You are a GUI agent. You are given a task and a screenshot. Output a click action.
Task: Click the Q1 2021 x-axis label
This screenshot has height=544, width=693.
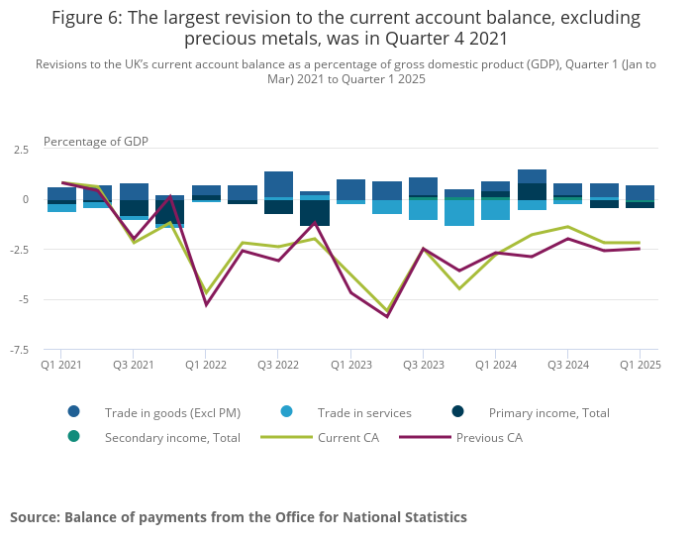coord(61,366)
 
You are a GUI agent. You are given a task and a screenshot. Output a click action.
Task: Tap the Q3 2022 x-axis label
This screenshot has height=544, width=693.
coord(278,366)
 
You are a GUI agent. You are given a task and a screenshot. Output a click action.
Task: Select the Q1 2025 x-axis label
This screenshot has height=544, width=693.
coord(639,366)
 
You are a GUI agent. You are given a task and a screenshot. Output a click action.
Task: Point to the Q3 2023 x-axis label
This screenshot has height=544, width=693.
coord(423,366)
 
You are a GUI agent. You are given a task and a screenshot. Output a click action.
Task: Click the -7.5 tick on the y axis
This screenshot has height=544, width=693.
coord(20,350)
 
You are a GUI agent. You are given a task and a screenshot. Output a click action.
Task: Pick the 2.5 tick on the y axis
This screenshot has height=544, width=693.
coord(22,150)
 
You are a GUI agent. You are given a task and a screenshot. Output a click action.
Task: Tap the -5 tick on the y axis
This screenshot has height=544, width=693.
coord(24,299)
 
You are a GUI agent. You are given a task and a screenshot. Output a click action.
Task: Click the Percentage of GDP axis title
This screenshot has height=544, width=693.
coord(96,142)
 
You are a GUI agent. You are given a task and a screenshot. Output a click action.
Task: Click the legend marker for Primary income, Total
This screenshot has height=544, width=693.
coord(457,412)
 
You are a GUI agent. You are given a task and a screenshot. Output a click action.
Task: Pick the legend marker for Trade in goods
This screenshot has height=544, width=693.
coord(74,412)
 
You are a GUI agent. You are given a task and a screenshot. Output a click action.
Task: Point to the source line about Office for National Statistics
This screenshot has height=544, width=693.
coord(239,517)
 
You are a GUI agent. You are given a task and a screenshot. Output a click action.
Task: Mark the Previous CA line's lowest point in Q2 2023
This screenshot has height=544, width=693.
coord(387,317)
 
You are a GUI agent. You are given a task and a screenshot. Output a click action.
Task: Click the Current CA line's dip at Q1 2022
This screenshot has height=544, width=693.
coord(206,293)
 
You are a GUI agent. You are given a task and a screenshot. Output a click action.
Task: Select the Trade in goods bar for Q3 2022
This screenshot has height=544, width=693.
coord(278,184)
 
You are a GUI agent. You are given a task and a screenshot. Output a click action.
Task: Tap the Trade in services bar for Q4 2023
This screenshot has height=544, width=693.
coord(458,213)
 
